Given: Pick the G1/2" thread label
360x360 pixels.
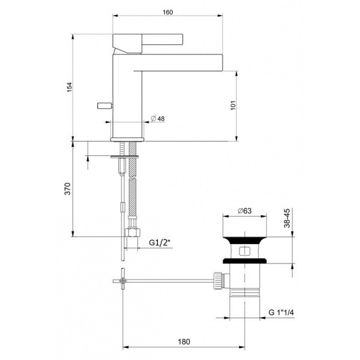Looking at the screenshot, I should (160, 243).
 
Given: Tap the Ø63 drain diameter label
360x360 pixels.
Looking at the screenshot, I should (244, 211).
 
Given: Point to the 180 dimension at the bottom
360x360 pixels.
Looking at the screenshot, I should (184, 341).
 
